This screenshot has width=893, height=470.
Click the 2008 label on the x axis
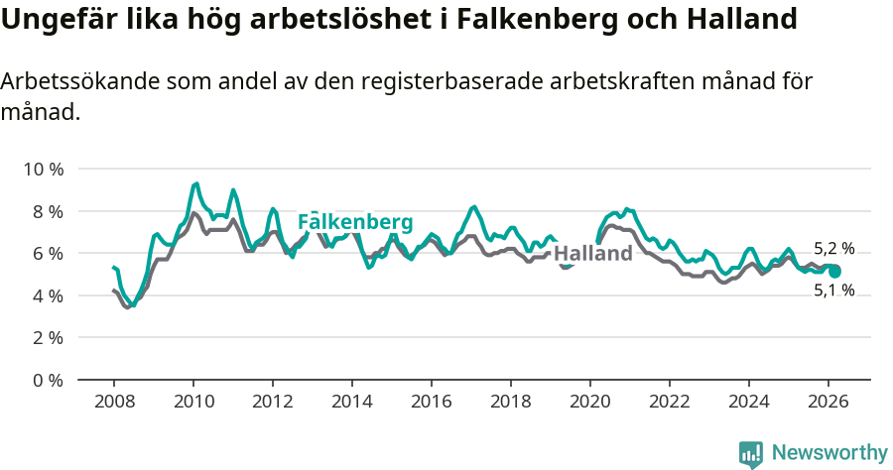(114, 401)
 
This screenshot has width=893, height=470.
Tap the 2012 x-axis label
(273, 401)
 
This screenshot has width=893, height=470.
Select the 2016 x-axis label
(432, 401)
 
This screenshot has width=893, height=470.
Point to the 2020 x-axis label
(590, 401)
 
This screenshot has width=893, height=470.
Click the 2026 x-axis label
(829, 401)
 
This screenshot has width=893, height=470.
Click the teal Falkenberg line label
(355, 222)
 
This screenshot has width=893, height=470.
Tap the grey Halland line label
(593, 254)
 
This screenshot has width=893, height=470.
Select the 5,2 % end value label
(833, 249)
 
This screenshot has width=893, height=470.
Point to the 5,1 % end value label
(833, 291)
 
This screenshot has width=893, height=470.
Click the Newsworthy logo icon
(751, 453)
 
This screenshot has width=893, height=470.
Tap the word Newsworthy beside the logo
(829, 453)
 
